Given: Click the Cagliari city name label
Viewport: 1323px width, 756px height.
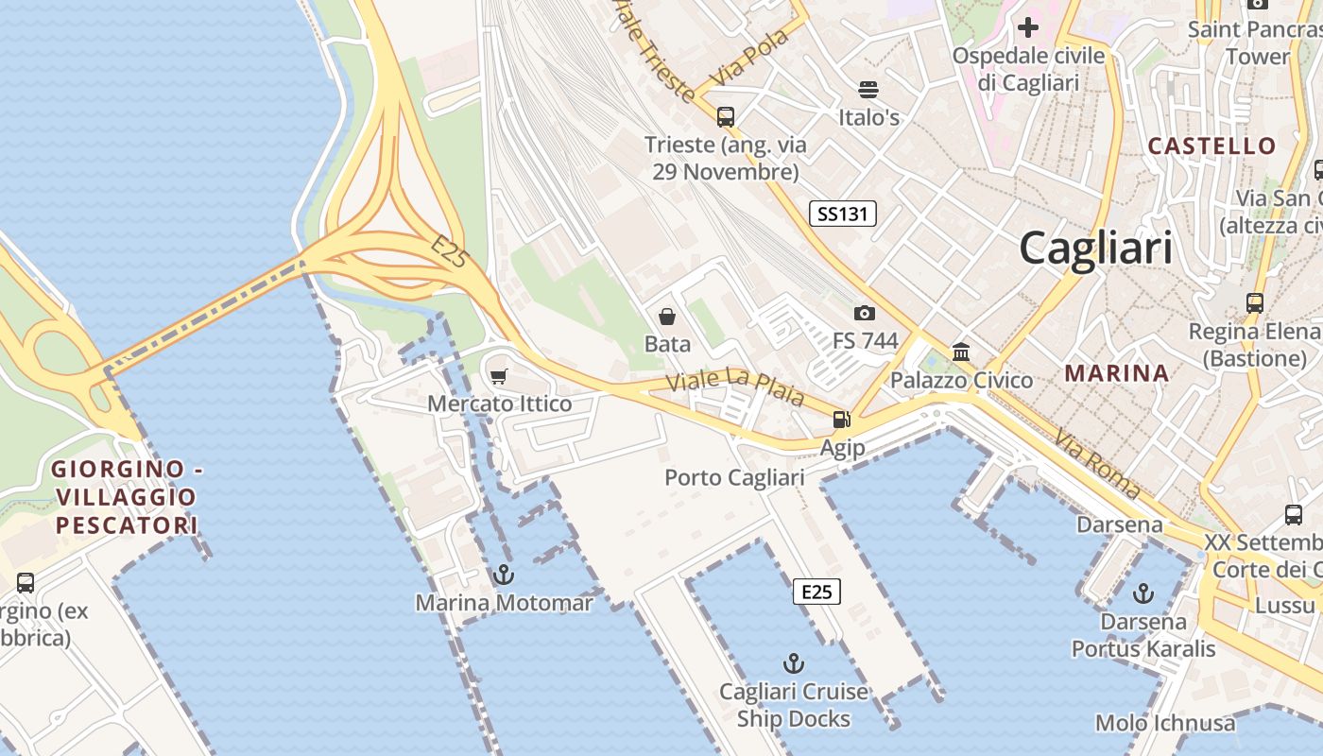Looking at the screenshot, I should pyautogui.click(x=1095, y=249).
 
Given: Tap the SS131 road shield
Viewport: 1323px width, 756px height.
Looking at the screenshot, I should pyautogui.click(x=843, y=214).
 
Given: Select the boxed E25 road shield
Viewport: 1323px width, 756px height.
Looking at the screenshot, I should pyautogui.click(x=816, y=592).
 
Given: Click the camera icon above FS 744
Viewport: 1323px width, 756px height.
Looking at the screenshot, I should pyautogui.click(x=864, y=313).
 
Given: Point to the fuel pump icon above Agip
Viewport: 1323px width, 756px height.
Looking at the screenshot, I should pyautogui.click(x=841, y=420).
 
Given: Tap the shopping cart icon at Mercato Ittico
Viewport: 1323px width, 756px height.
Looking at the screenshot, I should pyautogui.click(x=499, y=376).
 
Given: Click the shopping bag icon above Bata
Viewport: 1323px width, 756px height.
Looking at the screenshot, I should pyautogui.click(x=667, y=316).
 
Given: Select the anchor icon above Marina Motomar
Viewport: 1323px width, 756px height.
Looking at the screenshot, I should pyautogui.click(x=505, y=574).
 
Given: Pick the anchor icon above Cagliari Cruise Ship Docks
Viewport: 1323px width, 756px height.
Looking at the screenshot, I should pyautogui.click(x=794, y=663).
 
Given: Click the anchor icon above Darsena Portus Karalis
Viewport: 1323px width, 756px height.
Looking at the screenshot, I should pyautogui.click(x=1143, y=593).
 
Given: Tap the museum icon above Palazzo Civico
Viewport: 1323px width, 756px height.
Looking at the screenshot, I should pyautogui.click(x=961, y=352).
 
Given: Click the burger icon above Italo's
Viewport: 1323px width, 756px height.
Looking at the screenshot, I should pyautogui.click(x=868, y=90).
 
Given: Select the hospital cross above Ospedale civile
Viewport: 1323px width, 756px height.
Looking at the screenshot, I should pyautogui.click(x=1028, y=26).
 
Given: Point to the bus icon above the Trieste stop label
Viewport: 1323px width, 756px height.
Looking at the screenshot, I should pyautogui.click(x=726, y=117).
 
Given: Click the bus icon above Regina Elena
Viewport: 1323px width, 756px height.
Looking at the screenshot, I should pyautogui.click(x=1255, y=303).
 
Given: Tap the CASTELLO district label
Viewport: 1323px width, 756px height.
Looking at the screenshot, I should pyautogui.click(x=1211, y=146).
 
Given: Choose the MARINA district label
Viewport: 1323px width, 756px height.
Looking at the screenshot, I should pyautogui.click(x=1117, y=373).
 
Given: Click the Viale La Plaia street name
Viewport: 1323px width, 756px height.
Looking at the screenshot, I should pyautogui.click(x=735, y=387).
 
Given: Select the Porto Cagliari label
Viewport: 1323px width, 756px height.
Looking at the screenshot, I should pyautogui.click(x=734, y=477).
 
